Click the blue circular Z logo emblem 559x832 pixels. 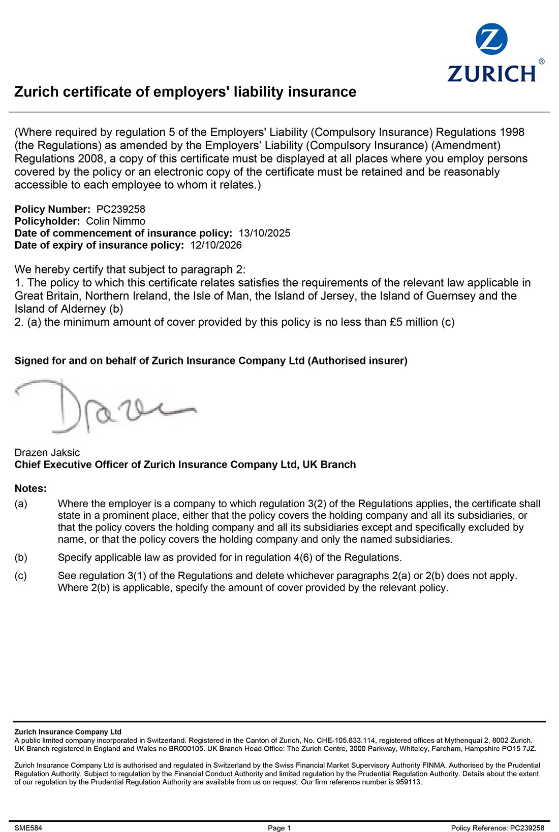point(491,39)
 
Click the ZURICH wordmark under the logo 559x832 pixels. point(491,73)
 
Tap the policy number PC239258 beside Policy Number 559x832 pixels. point(120,209)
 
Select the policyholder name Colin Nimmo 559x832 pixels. point(115,221)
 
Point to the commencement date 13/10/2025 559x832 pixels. point(264,234)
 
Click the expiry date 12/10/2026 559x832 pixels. point(216,246)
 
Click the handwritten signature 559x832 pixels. point(102,406)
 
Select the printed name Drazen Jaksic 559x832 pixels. point(47,453)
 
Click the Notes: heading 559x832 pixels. point(30,489)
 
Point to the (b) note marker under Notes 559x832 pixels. point(21,558)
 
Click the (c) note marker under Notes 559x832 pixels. point(21,576)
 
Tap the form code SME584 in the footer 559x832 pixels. point(28,828)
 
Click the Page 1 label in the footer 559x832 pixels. point(279,828)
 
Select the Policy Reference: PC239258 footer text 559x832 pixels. point(498,828)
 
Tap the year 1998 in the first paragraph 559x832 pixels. point(512,132)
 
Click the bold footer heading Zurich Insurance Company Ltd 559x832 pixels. point(68,732)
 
